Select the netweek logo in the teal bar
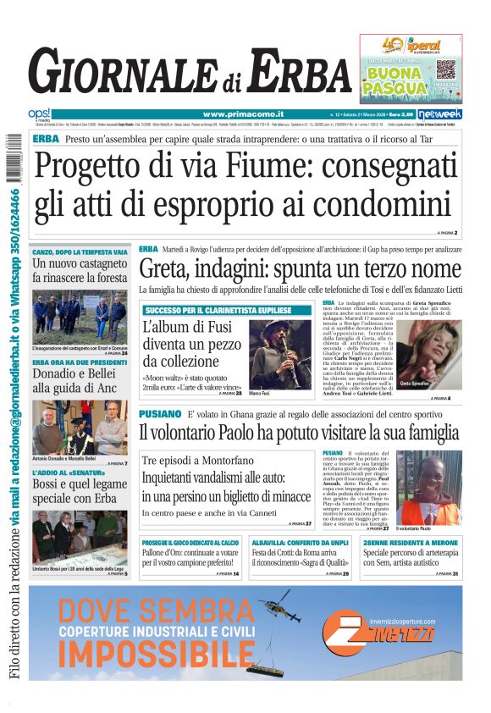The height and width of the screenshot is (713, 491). (x=444, y=113)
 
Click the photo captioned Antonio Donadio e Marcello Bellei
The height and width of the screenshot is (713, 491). (x=80, y=427)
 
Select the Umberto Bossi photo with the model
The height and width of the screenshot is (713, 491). (x=80, y=534)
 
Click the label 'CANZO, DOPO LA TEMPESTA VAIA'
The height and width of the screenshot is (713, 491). (x=80, y=252)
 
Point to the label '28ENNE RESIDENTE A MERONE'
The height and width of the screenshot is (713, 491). (x=410, y=543)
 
